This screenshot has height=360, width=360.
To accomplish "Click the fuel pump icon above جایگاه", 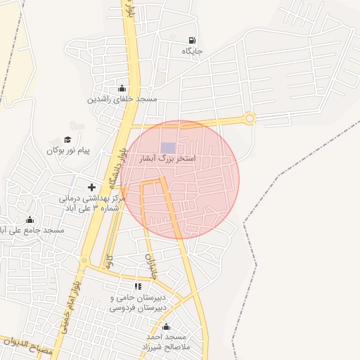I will pyautogui.click(x=192, y=40).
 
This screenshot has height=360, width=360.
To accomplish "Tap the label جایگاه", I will pyautogui.click(x=192, y=52).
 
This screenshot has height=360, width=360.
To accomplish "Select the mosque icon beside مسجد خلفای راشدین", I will pyautogui.click(x=123, y=88).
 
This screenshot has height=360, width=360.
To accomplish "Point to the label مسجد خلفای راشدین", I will pyautogui.click(x=122, y=99).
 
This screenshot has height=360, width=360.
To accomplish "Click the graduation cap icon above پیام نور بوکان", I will pyautogui.click(x=67, y=139).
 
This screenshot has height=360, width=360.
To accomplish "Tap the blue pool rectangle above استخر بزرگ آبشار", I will pyautogui.click(x=168, y=148).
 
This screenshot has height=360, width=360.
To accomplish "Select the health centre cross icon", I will pyautogui.click(x=91, y=187).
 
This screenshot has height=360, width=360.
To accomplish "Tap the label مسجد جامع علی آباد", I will pyautogui.click(x=32, y=231).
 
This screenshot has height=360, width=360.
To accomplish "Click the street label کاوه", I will pyautogui.click(x=107, y=262).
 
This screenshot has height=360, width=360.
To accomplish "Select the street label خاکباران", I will pyautogui.click(x=149, y=262).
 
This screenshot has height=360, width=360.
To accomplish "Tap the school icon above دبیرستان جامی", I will pyautogui.click(x=138, y=286).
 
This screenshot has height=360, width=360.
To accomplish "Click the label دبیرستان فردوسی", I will pyautogui.click(x=139, y=307).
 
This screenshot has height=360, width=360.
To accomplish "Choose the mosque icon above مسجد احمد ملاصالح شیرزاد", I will pyautogui.click(x=167, y=327).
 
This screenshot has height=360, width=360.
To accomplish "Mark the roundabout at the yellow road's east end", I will pyautogui.click(x=249, y=119).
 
